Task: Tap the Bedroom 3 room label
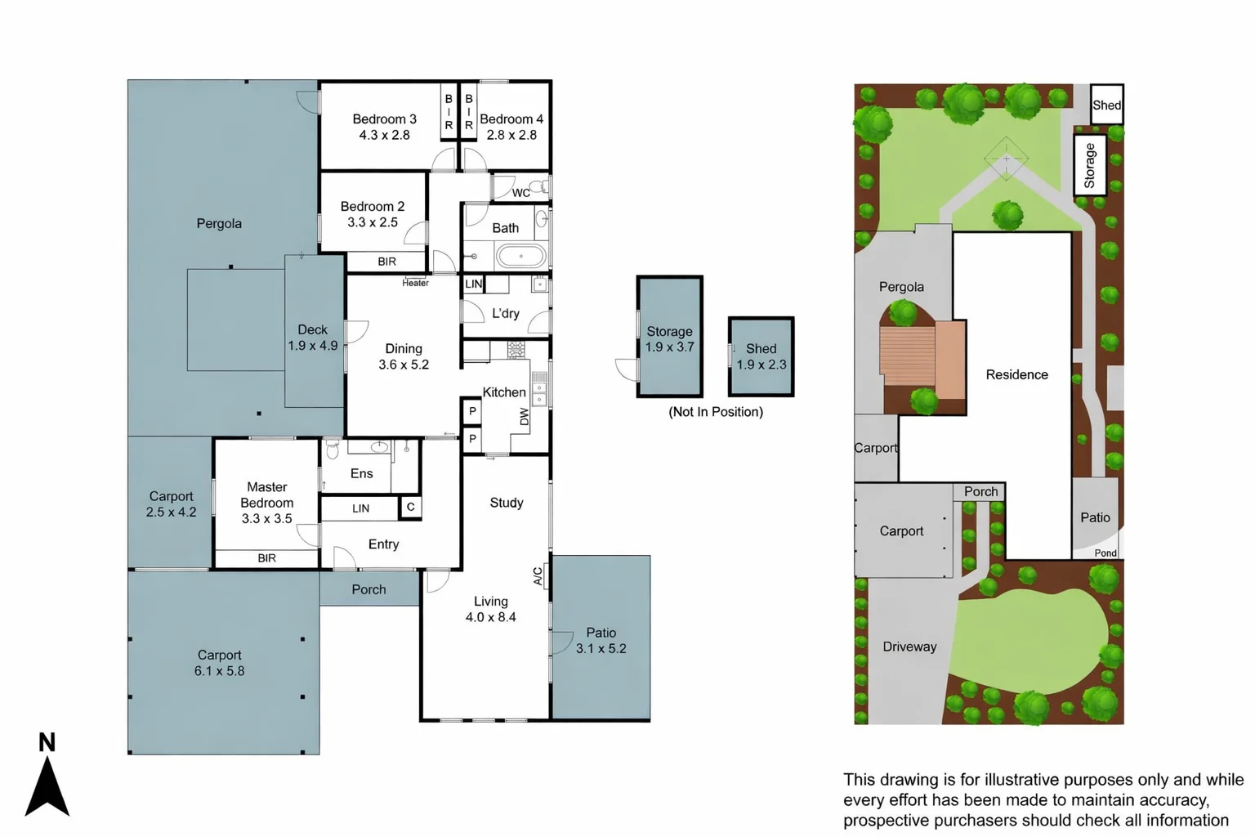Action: tap(384, 119)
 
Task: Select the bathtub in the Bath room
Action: tap(520, 257)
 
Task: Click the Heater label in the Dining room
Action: tap(415, 284)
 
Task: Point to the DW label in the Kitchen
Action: tap(525, 417)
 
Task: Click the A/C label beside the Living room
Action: tap(538, 575)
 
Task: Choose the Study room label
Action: tap(506, 503)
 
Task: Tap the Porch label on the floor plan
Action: tap(368, 589)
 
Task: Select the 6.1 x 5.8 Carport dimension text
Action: tap(219, 671)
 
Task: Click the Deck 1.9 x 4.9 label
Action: tap(312, 338)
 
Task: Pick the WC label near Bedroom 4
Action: tap(520, 193)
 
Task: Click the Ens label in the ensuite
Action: tap(361, 473)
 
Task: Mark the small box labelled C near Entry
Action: tap(410, 508)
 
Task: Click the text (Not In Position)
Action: tap(716, 412)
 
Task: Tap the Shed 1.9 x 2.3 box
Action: tap(761, 356)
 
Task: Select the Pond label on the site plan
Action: tap(1105, 553)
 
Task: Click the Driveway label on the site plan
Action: tap(909, 647)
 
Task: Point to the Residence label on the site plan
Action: tap(1016, 374)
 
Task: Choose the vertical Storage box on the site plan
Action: tap(1089, 165)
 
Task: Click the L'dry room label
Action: tap(505, 313)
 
